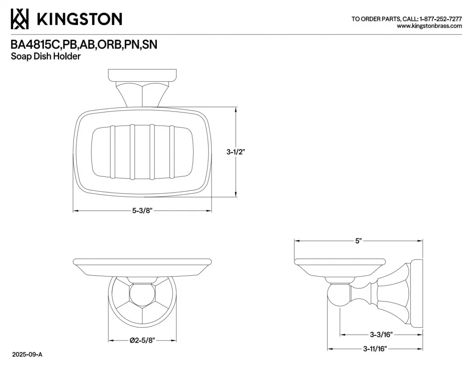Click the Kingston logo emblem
20,19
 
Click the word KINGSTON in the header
79,19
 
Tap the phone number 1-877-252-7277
441,19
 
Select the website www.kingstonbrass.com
429,26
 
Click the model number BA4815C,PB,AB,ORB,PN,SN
84,45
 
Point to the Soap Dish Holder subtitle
46,56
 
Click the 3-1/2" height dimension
236,152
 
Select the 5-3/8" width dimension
142,211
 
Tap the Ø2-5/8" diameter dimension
142,340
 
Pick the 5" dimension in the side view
358,241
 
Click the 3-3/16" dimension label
381,334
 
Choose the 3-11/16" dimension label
375,349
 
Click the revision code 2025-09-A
27,354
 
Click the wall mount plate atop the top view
142,76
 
